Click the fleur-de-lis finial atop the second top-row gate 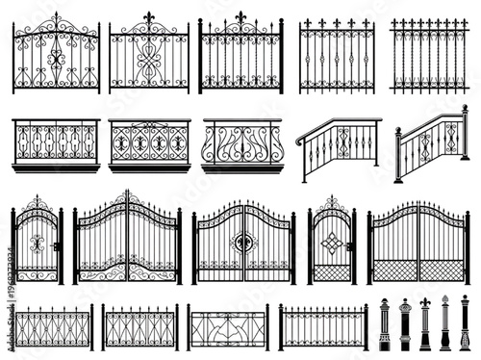click(149, 17)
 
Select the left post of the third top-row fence click(200, 58)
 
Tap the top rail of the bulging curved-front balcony click(242, 122)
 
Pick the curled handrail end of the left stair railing click(299, 142)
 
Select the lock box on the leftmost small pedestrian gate click(58, 246)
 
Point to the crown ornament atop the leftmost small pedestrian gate click(38, 202)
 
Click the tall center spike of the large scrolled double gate click(127, 195)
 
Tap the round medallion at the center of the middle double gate click(243, 242)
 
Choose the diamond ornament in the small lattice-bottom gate click(332, 242)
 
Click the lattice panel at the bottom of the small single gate click(332, 272)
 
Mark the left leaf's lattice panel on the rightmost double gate click(392, 270)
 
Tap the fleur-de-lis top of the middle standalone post click(424, 303)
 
